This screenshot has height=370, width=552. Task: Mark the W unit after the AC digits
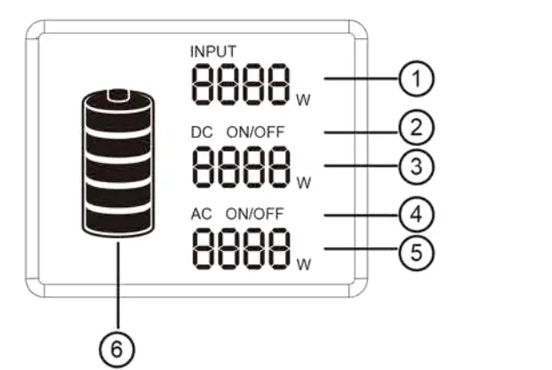pos(304,265)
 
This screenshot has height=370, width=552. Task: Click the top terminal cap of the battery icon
pos(116,93)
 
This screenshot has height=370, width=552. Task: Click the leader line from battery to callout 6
pos(116,285)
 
